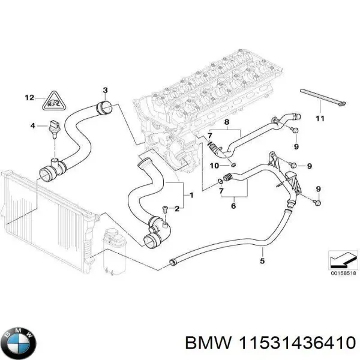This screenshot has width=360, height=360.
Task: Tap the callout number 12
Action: coord(30,97)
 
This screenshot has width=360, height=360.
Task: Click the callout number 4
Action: coord(32,125)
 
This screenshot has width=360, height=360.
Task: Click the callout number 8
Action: coord(227,122)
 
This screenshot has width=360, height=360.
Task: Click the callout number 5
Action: coord(262,260)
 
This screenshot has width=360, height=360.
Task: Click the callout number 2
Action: coord(177,209)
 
